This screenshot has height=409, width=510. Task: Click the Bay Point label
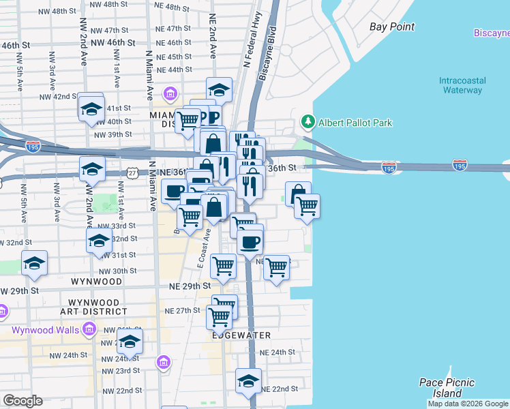click(392, 27)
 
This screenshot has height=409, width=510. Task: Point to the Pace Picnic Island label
click(446, 388)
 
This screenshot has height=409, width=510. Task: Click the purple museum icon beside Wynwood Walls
click(89, 331)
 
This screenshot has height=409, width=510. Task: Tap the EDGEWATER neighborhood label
click(241, 335)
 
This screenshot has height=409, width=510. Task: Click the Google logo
click(22, 401)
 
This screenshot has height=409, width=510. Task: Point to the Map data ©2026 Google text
click(468, 404)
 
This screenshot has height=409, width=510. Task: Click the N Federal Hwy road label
click(251, 41)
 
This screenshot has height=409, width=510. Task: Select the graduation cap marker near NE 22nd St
click(248, 381)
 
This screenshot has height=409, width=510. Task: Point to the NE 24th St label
click(277, 352)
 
